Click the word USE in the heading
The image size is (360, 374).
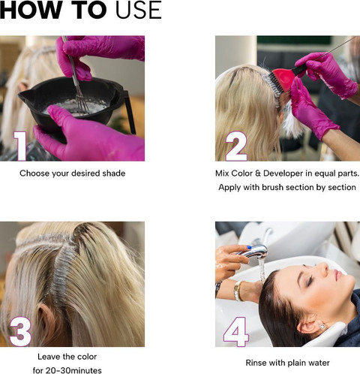tap(139, 10)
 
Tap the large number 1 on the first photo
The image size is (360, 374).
tap(20, 146)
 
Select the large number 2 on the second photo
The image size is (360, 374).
tap(236, 146)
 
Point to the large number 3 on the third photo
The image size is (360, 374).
tap(20, 331)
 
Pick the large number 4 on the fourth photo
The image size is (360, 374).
tap(236, 332)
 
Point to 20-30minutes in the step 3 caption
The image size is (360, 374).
tap(73, 370)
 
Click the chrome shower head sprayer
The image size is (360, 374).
tap(253, 252)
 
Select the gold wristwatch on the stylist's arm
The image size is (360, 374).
tap(238, 291)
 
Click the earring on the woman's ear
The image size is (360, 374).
tap(322, 326)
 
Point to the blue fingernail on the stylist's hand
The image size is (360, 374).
tap(249, 248)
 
